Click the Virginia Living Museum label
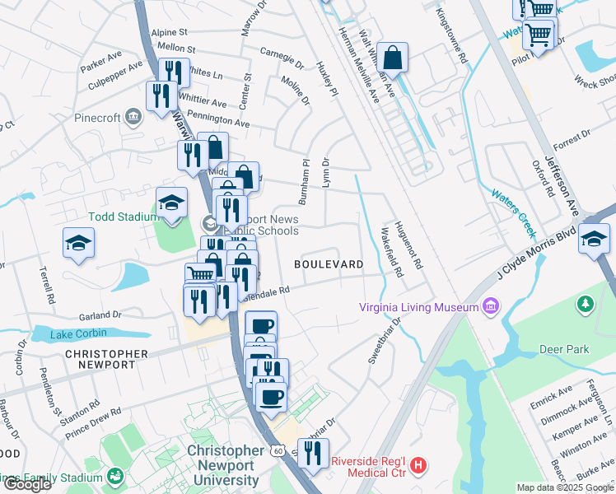point(418,308)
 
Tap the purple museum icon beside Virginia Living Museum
point(492,307)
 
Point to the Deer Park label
point(564,349)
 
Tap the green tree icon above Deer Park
point(586,305)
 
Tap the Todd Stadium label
point(123,217)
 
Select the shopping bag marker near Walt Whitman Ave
point(394,58)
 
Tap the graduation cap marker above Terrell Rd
point(79,242)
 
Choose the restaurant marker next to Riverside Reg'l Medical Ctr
point(313,454)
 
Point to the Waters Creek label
point(513,207)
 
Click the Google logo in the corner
point(27,484)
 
